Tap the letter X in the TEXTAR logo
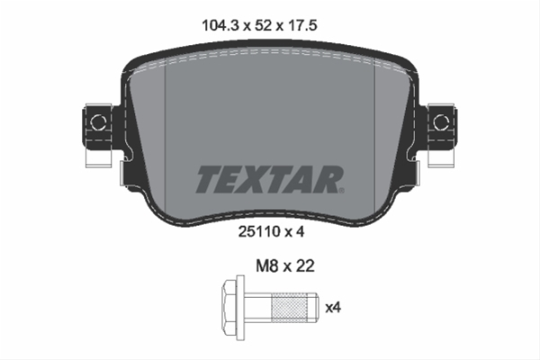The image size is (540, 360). [x=255, y=179]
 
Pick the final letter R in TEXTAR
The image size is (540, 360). [x=327, y=179]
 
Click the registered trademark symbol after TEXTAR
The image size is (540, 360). [x=342, y=190]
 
